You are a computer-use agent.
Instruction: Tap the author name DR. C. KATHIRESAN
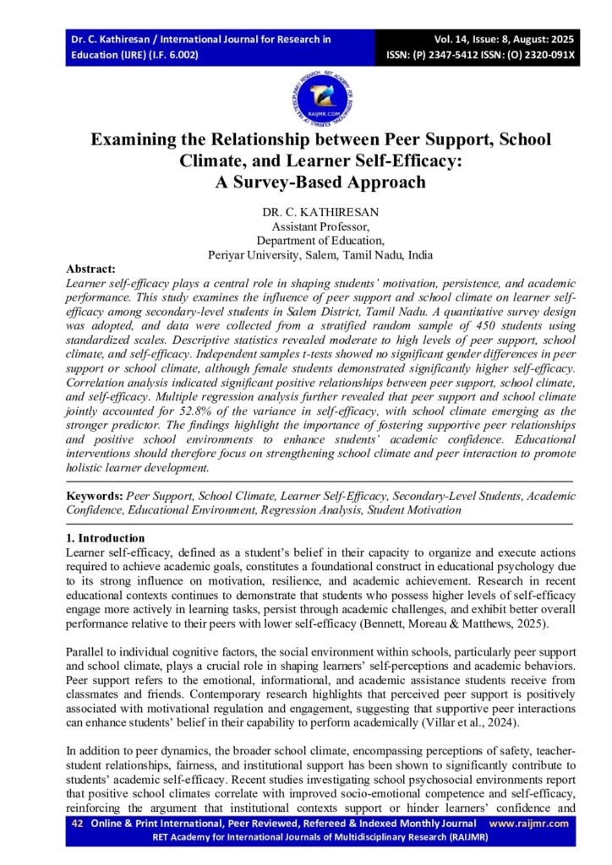pyautogui.click(x=306, y=214)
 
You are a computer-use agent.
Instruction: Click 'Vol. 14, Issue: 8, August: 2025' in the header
pyautogui.click(x=495, y=40)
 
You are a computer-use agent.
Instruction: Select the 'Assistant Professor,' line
pyautogui.click(x=307, y=227)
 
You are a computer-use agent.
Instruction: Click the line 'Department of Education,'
pyautogui.click(x=307, y=240)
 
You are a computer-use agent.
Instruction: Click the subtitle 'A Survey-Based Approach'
pyautogui.click(x=306, y=182)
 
